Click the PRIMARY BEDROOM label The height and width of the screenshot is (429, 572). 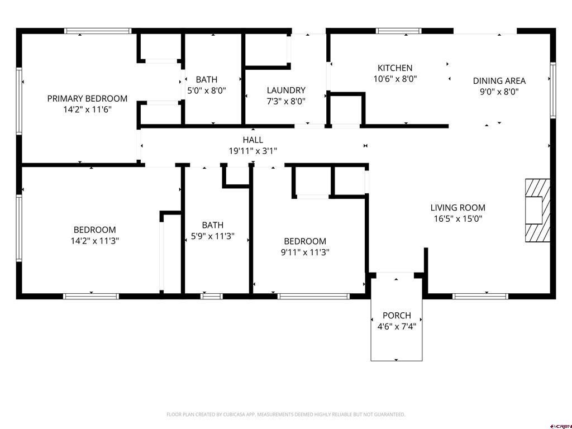pyautogui.click(x=87, y=98)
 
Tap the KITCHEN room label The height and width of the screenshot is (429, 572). pyautogui.click(x=395, y=68)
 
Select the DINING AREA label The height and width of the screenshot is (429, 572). pyautogui.click(x=499, y=81)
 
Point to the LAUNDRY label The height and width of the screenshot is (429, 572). pyautogui.click(x=286, y=90)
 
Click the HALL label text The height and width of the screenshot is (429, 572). pyautogui.click(x=253, y=140)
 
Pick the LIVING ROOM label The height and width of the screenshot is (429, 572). pyautogui.click(x=458, y=208)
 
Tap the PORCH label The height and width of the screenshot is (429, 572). pyautogui.click(x=397, y=316)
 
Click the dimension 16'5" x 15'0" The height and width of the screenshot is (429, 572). pyautogui.click(x=458, y=219)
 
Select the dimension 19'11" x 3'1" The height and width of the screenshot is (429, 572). pyautogui.click(x=253, y=151)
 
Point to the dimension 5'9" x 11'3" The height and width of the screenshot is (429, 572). pyautogui.click(x=213, y=236)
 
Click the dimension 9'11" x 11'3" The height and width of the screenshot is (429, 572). pyautogui.click(x=305, y=252)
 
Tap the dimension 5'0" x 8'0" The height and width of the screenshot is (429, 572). pyautogui.click(x=207, y=90)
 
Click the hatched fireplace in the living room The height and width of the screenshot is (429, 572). pyautogui.click(x=537, y=210)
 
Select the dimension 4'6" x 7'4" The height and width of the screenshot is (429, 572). pyautogui.click(x=397, y=326)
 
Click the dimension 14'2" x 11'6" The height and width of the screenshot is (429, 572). pyautogui.click(x=87, y=109)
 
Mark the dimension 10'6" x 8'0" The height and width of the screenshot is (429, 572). pyautogui.click(x=395, y=79)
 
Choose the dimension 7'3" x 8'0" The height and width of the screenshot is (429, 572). pyautogui.click(x=286, y=102)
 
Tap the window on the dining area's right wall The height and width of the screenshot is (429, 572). pyautogui.click(x=553, y=90)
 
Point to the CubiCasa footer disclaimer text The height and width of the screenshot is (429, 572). pyautogui.click(x=285, y=414)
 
